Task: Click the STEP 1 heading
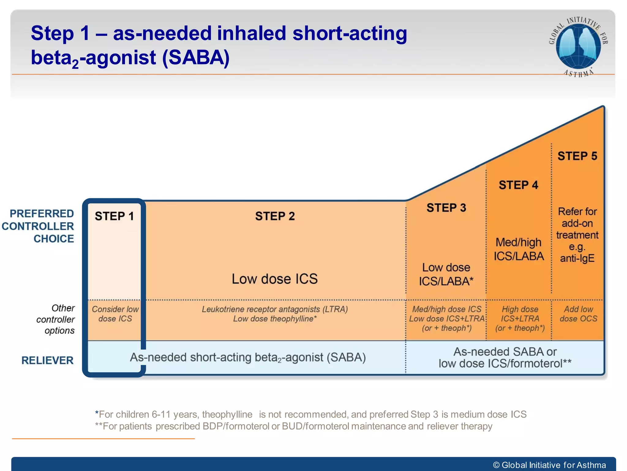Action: (x=114, y=216)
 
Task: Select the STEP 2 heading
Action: (x=275, y=216)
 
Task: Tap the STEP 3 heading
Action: (x=446, y=208)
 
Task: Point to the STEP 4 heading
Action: (x=518, y=185)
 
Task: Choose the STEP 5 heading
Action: (x=577, y=156)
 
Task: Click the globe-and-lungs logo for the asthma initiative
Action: (x=578, y=46)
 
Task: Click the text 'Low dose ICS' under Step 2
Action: (x=275, y=279)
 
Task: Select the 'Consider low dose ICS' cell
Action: (x=115, y=314)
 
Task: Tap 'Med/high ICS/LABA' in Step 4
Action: (x=519, y=249)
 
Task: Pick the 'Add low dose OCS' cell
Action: (x=578, y=314)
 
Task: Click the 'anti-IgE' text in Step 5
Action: (x=577, y=258)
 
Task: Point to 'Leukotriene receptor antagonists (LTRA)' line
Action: (x=275, y=309)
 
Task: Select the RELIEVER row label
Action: (x=47, y=360)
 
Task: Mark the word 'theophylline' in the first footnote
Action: (x=227, y=414)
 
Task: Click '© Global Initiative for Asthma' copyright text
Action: (x=549, y=465)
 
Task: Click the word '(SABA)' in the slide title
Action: (x=196, y=57)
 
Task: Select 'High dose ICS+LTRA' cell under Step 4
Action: (x=520, y=314)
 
